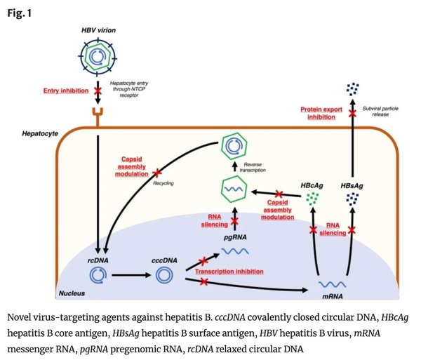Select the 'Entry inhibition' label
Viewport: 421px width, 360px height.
65,92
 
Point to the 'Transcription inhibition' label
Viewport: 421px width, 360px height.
229,272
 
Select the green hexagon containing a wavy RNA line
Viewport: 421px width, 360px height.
234,190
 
